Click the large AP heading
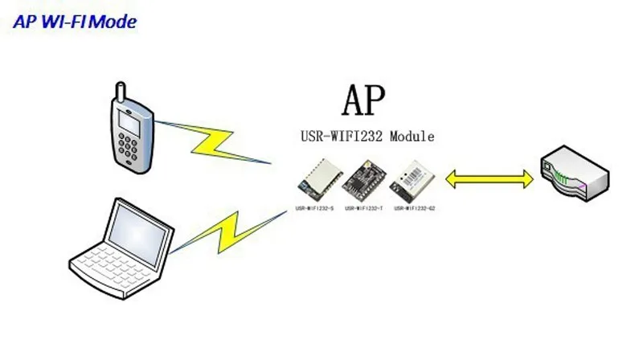(x=363, y=100)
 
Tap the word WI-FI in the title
(x=62, y=22)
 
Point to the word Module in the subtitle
(x=412, y=137)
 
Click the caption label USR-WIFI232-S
(x=315, y=208)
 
